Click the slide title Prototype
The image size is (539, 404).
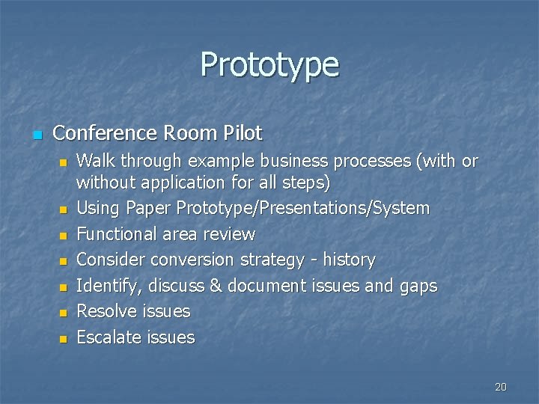click(x=269, y=65)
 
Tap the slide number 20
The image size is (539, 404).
click(x=501, y=387)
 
